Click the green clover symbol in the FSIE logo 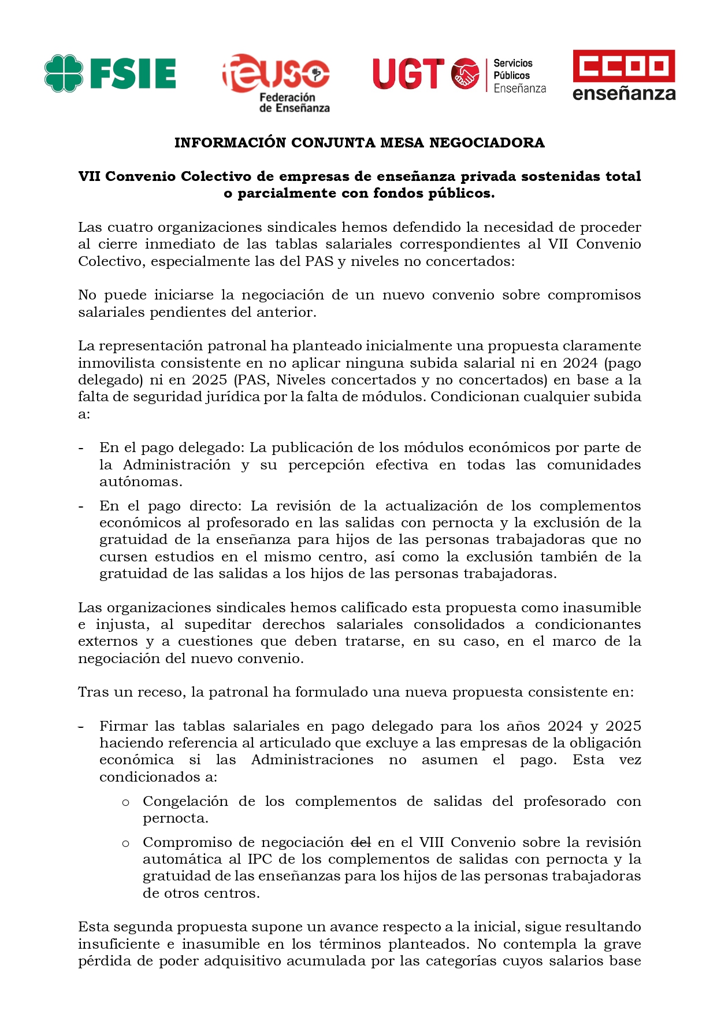click(64, 73)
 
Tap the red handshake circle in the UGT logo click(465, 74)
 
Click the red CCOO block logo click(623, 66)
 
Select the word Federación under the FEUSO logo click(287, 98)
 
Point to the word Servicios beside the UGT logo click(513, 63)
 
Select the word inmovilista click(116, 363)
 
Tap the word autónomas click(140, 482)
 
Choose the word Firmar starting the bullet click(122, 726)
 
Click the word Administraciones click(312, 760)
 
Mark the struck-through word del click(361, 842)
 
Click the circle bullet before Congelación click(125, 802)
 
